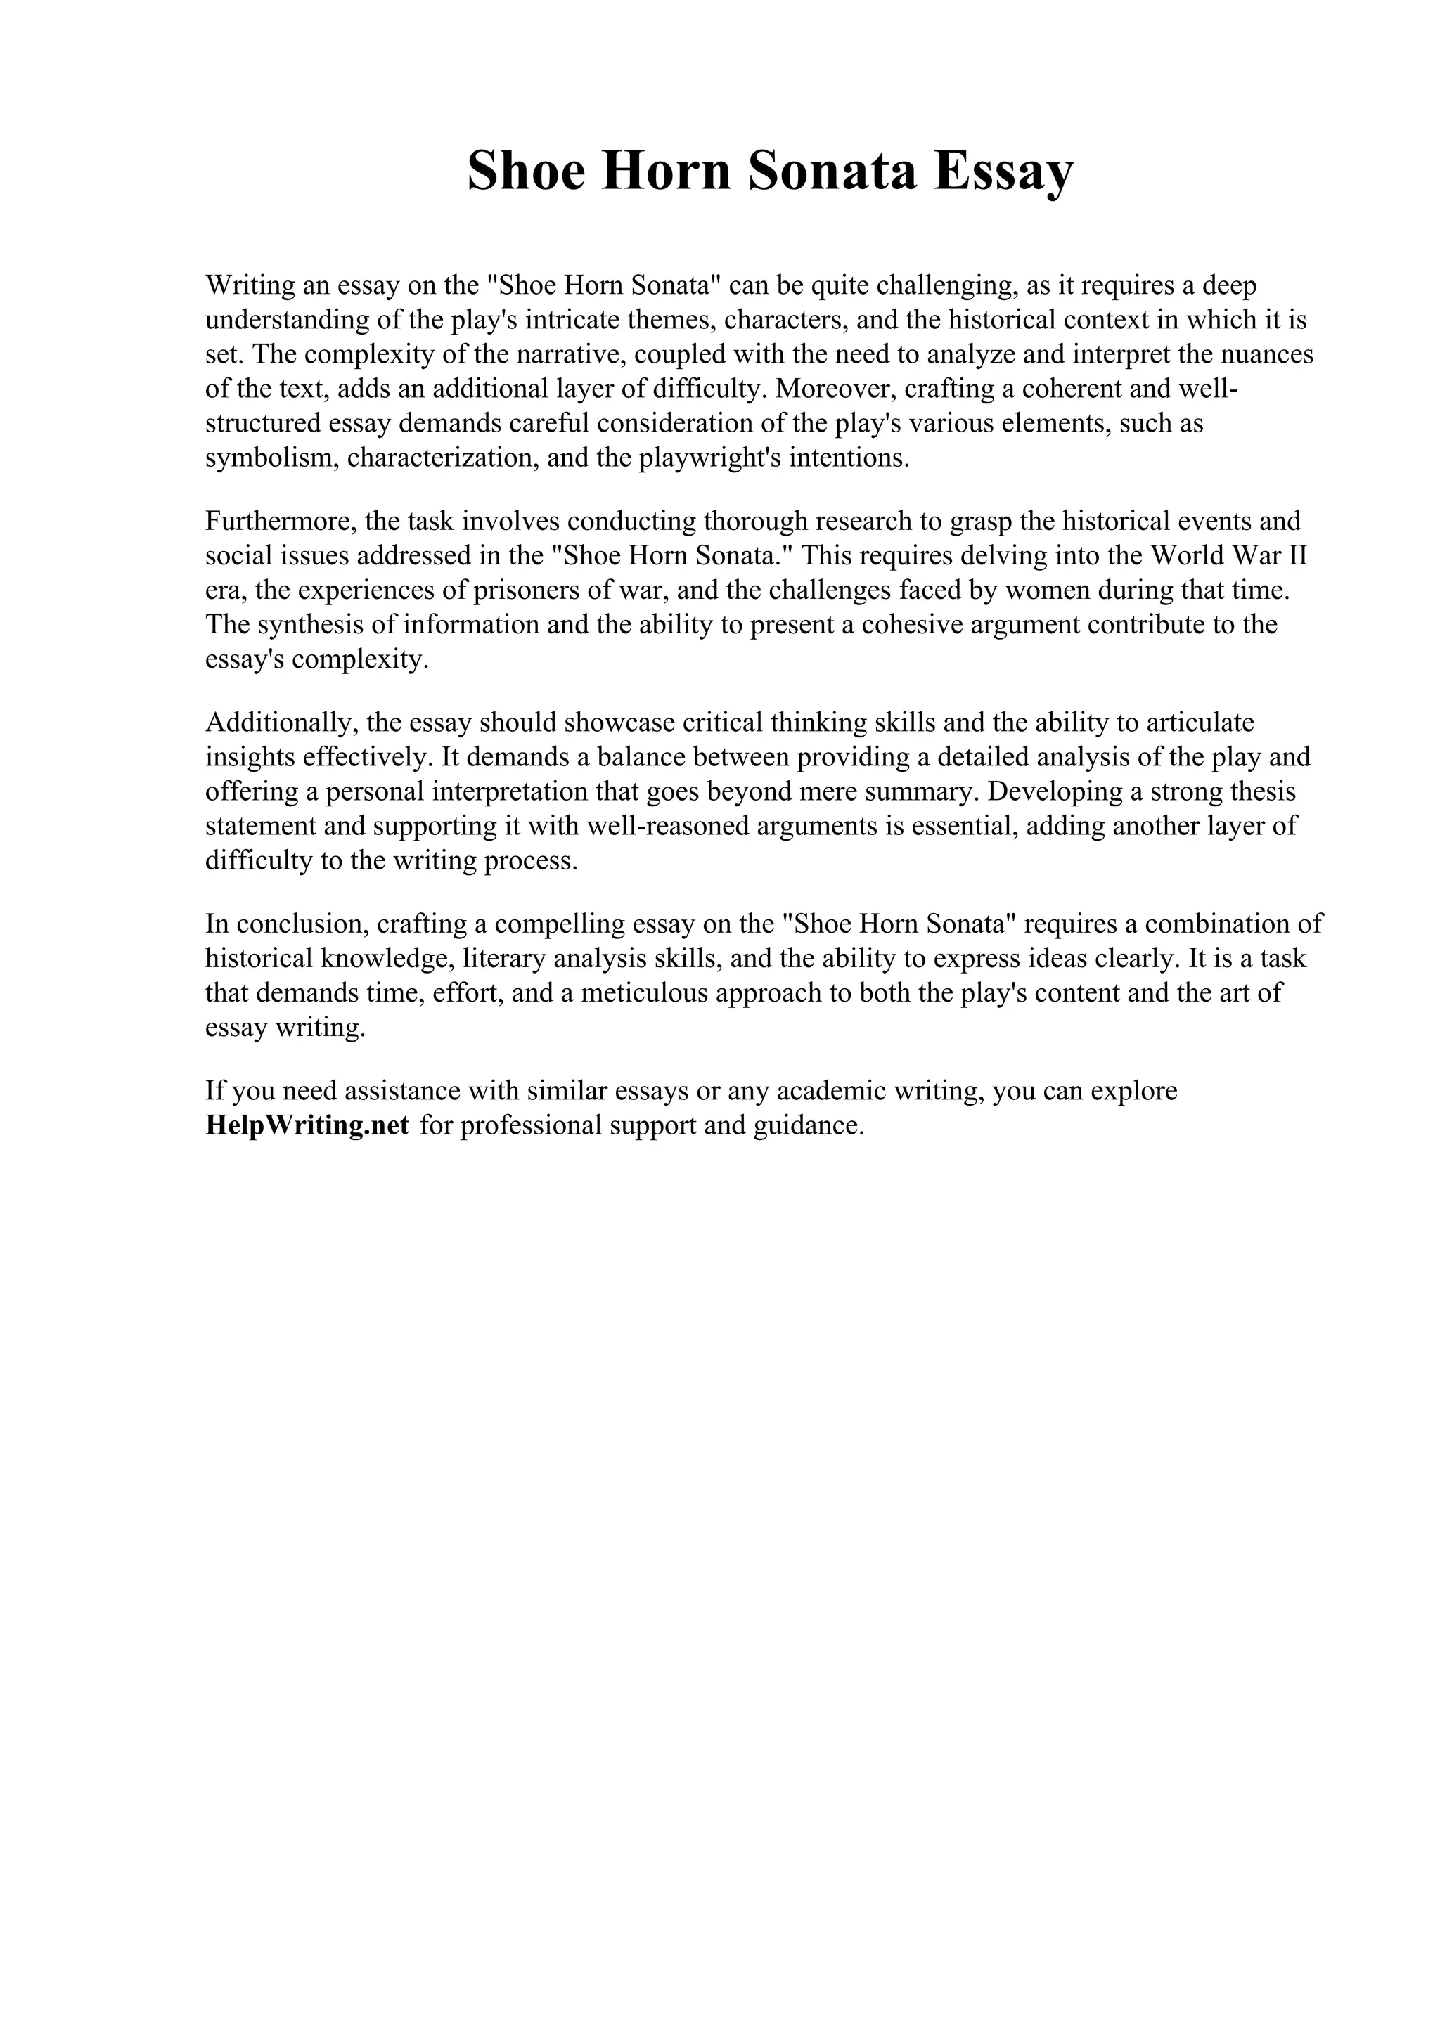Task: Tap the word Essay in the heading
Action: click(1003, 172)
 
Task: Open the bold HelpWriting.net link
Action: click(307, 1125)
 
